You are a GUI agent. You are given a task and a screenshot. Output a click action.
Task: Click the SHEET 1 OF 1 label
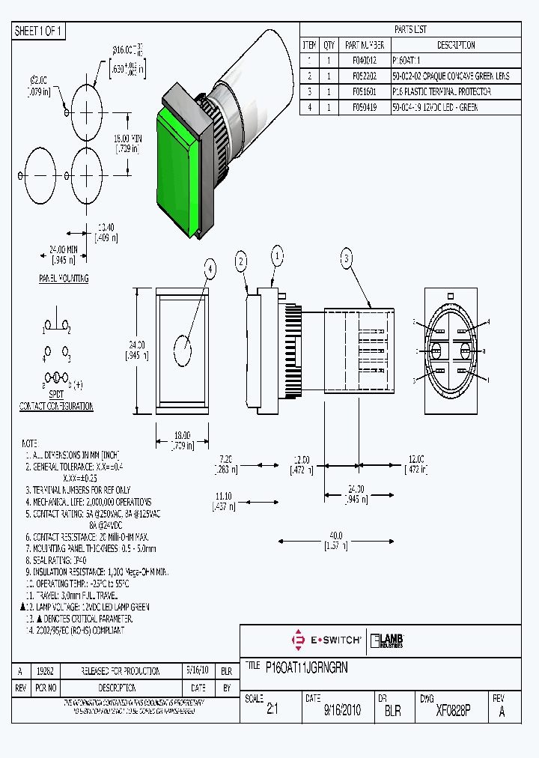pos(39,31)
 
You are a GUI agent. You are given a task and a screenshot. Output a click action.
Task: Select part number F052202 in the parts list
pos(363,76)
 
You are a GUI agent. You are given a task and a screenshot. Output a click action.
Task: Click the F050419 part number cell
pos(363,107)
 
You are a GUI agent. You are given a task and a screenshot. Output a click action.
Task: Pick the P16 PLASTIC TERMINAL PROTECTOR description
pos(441,91)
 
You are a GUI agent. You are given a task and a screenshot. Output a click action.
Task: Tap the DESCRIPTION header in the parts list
pos(455,45)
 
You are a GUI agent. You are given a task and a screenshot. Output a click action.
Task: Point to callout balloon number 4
pos(210,269)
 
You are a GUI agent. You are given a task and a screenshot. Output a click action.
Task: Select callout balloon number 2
pos(241,261)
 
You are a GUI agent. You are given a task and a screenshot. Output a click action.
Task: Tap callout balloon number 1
pos(277,255)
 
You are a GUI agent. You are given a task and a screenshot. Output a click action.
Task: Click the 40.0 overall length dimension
pos(336,536)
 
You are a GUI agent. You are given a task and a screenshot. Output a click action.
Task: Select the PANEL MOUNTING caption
pos(64,279)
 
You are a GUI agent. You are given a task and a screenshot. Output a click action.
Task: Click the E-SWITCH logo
pos(326,640)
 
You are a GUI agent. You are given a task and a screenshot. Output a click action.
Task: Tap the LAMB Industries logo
pos(387,640)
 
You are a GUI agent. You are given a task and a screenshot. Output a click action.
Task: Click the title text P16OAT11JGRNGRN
pos(307,666)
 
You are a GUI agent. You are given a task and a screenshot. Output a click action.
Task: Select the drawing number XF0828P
pos(452,711)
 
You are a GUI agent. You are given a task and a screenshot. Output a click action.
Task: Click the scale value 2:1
pos(272,711)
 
